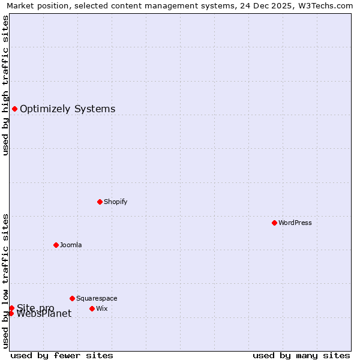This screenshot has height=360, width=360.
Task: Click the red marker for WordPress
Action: tap(274, 223)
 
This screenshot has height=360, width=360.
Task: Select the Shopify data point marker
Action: tap(100, 202)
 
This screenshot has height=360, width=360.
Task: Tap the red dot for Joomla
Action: tap(56, 245)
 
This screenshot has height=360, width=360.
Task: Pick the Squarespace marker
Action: tap(72, 298)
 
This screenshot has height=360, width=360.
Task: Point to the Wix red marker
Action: tap(92, 308)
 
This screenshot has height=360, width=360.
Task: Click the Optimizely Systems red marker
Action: tap(14, 109)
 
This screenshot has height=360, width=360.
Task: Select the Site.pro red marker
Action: tap(11, 308)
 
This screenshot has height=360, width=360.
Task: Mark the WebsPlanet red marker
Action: tap(11, 313)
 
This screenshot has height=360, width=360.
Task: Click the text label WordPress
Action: tap(295, 223)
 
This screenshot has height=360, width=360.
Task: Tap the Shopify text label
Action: tap(115, 202)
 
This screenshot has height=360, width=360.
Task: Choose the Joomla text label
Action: tap(71, 245)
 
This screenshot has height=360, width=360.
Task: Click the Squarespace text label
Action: tap(97, 298)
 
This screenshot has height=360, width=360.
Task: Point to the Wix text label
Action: tap(102, 308)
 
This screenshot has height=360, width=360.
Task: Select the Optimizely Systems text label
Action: tap(67, 109)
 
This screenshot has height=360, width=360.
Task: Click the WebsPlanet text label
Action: tap(44, 314)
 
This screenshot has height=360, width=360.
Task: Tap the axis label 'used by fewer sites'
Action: tap(62, 355)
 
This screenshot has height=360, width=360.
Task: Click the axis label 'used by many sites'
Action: tap(301, 355)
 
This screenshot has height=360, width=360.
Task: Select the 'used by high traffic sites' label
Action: tap(5, 85)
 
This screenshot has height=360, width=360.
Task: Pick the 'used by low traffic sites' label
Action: tap(5, 280)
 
